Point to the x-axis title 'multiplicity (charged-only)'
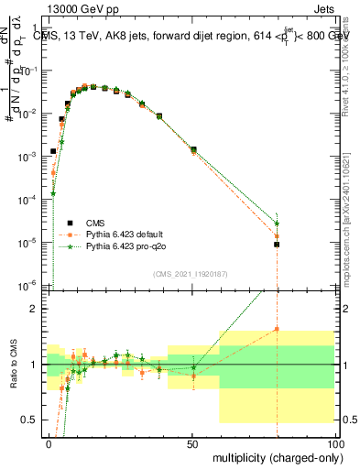click(x=272, y=455)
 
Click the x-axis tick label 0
click(x=48, y=443)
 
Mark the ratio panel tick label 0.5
click(x=28, y=420)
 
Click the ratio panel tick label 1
click(x=33, y=365)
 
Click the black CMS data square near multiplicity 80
click(x=276, y=245)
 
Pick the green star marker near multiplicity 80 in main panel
click(x=277, y=224)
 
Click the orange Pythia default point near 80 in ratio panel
click(x=276, y=329)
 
